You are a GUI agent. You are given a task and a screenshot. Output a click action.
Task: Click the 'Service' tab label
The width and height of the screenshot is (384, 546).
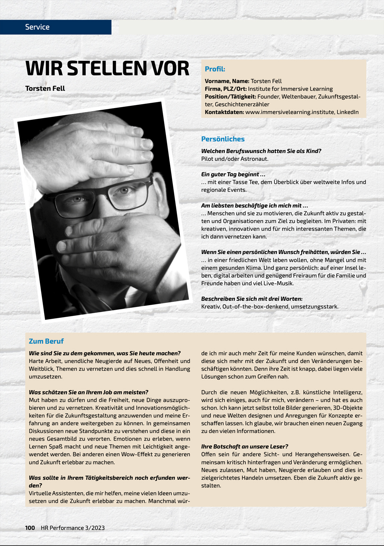pyautogui.click(x=37, y=27)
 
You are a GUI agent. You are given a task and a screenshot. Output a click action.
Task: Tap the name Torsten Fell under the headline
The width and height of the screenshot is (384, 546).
pyautogui.click(x=45, y=88)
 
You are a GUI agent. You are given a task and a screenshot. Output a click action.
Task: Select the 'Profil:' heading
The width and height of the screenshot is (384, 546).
pyautogui.click(x=215, y=69)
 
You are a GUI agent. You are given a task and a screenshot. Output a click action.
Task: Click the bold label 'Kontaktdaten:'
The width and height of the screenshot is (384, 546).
pyautogui.click(x=224, y=112)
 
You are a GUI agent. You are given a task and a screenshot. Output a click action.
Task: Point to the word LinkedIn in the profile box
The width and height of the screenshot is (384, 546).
pyautogui.click(x=348, y=112)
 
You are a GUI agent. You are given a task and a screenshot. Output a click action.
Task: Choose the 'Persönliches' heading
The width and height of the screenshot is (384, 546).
pyautogui.click(x=223, y=139)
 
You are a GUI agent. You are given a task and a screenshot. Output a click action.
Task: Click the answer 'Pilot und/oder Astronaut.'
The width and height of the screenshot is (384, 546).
pyautogui.click(x=235, y=159)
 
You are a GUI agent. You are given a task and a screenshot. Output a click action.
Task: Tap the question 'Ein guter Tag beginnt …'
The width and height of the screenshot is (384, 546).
pyautogui.click(x=233, y=174)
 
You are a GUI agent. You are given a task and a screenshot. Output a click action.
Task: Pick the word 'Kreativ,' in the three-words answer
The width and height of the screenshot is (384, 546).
pyautogui.click(x=211, y=307)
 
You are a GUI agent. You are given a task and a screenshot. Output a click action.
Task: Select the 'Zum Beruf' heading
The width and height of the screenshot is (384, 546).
pyautogui.click(x=46, y=341)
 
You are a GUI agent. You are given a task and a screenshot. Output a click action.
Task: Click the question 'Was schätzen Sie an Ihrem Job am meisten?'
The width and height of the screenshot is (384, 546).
pyautogui.click(x=88, y=392)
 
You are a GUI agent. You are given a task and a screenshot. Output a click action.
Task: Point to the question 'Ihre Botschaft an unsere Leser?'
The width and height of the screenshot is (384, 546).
pyautogui.click(x=244, y=446)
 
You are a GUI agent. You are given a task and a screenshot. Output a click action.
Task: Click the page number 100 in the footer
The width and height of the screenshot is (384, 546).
pyautogui.click(x=30, y=528)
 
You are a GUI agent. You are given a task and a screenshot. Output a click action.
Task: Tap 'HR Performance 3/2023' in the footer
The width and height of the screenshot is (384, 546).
pyautogui.click(x=73, y=528)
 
